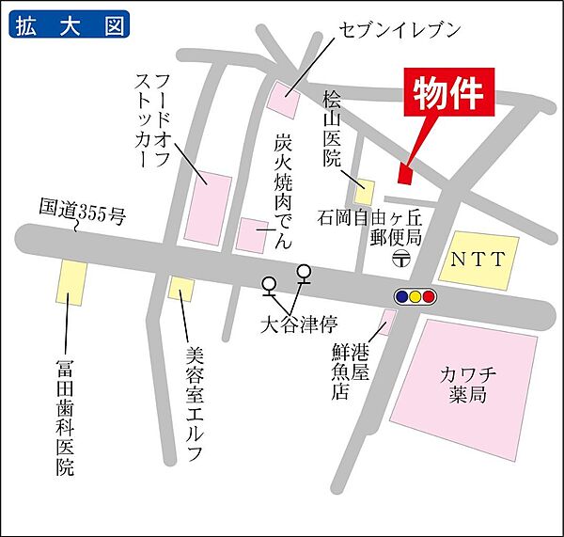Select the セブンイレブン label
coord(399,30)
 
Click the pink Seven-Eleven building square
coord(281,95)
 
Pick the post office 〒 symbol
coord(400,256)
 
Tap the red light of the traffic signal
coord(429,297)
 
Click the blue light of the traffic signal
coord(402,297)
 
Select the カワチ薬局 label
coord(465,386)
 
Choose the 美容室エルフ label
coord(194,405)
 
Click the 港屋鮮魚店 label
coord(348,371)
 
